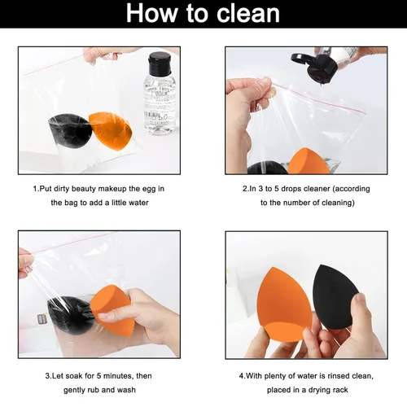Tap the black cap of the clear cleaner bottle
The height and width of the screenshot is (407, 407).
tap(160, 62)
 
